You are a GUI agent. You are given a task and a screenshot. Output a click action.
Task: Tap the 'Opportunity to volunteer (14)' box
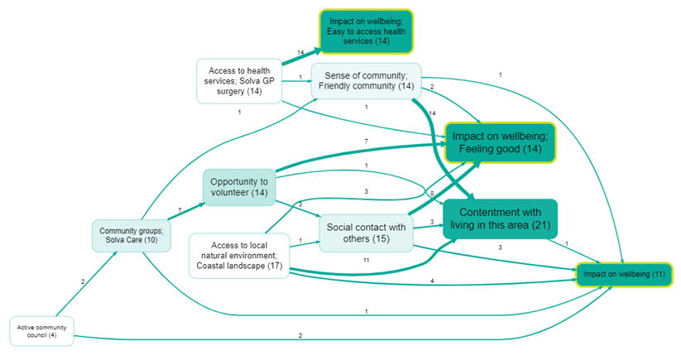238,187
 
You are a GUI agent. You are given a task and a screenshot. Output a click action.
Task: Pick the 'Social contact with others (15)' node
366,233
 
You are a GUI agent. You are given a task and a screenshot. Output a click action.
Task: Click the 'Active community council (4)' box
41,332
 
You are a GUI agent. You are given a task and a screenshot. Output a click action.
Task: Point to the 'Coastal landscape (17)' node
239,255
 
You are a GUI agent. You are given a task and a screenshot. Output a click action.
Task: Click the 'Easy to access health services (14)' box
366,32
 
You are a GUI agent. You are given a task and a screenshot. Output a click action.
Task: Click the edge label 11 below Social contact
365,260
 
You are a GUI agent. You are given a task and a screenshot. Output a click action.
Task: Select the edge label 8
431,192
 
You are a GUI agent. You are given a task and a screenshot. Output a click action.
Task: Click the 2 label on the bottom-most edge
300,336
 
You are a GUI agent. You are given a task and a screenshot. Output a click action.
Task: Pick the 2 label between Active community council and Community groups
82,281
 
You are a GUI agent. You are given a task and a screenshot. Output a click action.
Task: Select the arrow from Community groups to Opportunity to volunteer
174,216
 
